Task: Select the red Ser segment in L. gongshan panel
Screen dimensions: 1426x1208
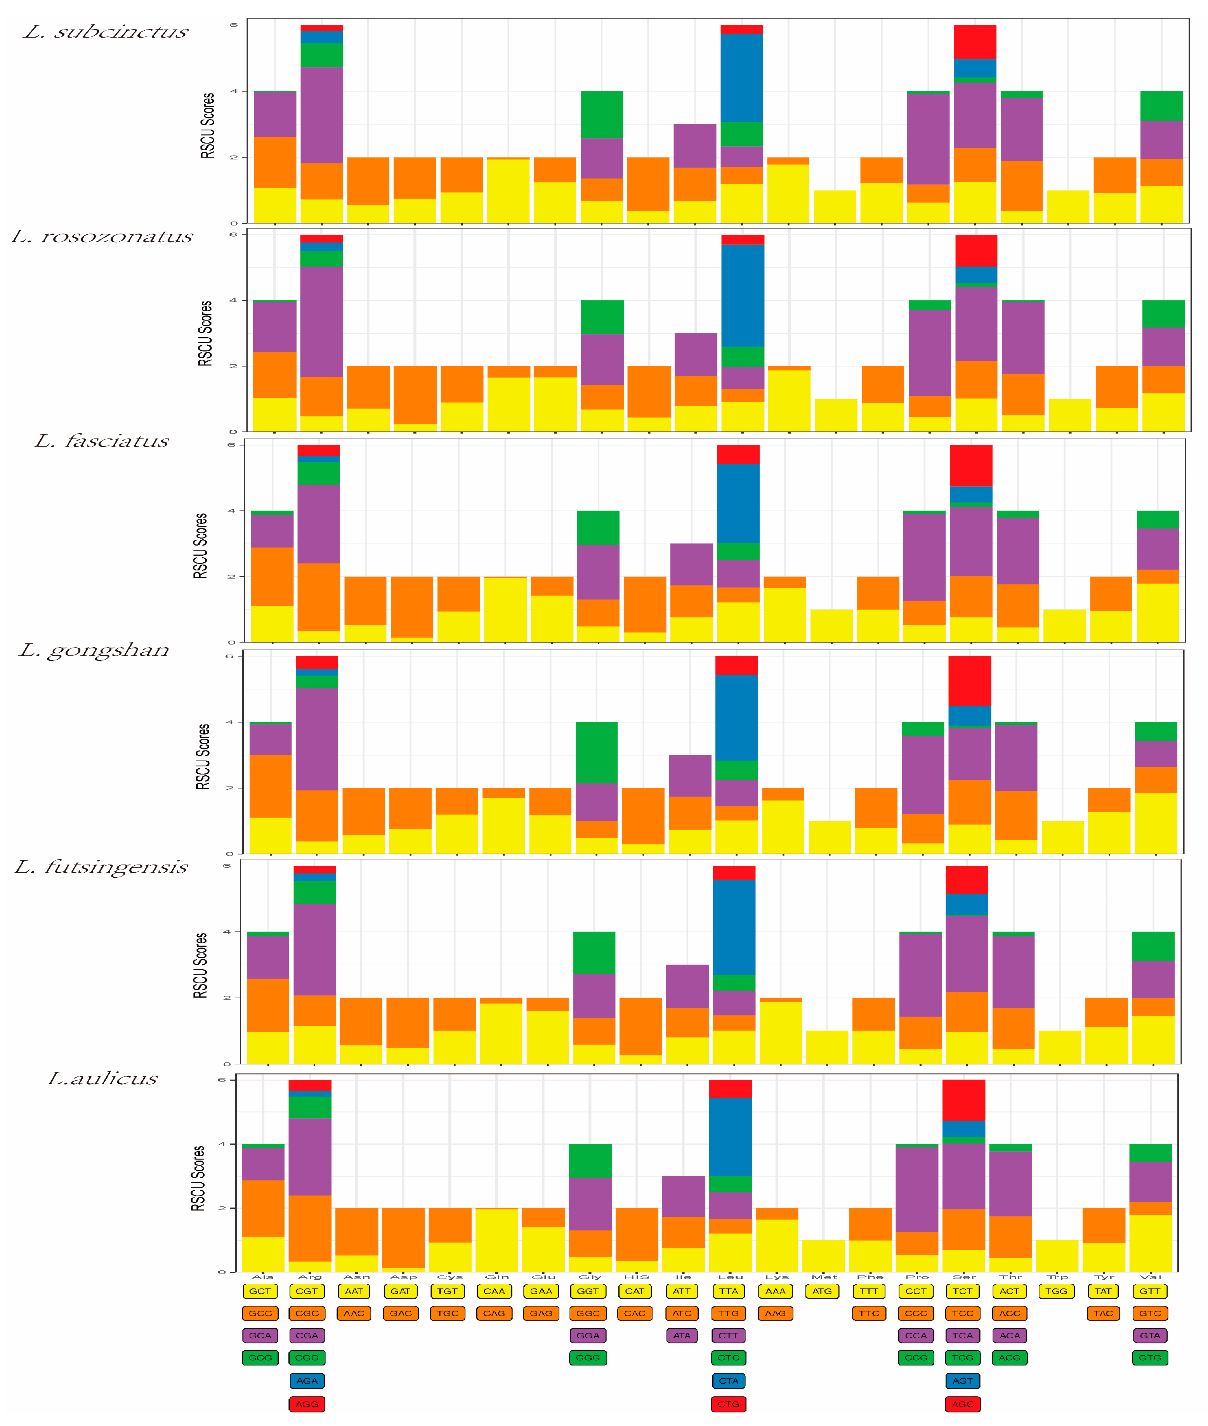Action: (969, 681)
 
